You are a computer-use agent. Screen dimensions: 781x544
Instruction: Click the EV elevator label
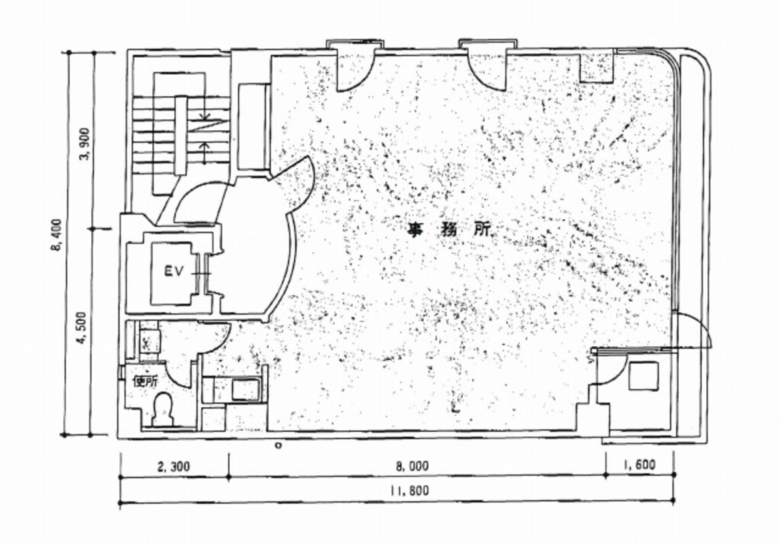click(173, 271)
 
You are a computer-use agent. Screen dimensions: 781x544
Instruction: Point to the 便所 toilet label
click(146, 381)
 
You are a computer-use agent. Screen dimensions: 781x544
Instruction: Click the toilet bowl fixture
click(163, 409)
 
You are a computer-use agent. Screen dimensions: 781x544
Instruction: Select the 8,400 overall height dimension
click(57, 235)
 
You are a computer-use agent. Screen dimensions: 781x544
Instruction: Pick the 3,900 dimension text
click(85, 144)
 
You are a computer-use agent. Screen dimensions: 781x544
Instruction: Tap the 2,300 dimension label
click(174, 466)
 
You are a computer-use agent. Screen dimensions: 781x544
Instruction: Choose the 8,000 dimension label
click(413, 466)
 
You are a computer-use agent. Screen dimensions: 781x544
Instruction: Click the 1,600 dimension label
click(638, 464)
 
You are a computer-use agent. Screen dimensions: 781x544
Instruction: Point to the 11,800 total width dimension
click(409, 491)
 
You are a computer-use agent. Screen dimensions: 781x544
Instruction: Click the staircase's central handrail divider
click(181, 135)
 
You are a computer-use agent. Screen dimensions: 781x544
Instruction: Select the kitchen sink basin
click(246, 389)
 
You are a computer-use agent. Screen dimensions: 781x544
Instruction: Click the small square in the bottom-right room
click(644, 375)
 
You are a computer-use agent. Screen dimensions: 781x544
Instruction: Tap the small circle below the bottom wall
click(278, 445)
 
